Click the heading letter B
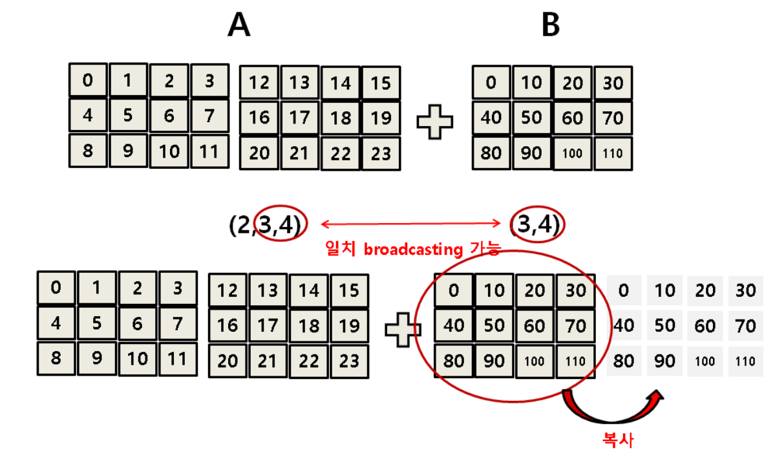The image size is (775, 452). point(551,26)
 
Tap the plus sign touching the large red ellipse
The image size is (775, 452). point(403,329)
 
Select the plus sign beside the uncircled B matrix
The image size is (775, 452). point(434,120)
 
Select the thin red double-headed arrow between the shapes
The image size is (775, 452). point(411,224)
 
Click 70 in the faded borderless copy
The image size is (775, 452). point(745,326)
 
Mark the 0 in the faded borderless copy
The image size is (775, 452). point(623,290)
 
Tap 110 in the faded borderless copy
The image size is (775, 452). point(745,361)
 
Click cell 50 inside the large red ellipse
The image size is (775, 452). point(494,325)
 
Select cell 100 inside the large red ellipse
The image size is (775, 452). point(535,361)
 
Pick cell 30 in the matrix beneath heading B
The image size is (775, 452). point(613,83)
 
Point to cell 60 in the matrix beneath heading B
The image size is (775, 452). point(573,118)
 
